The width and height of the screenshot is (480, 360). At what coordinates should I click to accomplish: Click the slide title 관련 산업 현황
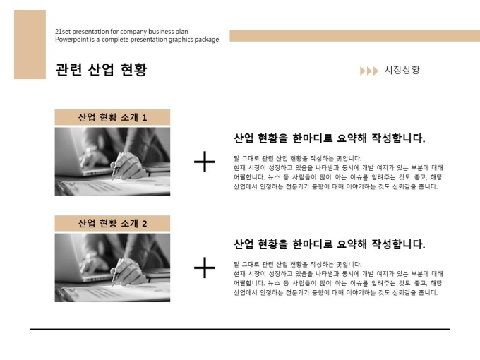click(x=101, y=69)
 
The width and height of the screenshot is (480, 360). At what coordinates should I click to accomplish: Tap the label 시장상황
click(x=402, y=70)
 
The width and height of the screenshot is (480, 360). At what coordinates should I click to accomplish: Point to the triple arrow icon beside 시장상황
click(x=369, y=71)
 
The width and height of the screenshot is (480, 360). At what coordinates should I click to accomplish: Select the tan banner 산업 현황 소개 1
click(x=112, y=117)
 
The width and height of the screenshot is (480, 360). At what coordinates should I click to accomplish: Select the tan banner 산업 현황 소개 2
click(x=112, y=223)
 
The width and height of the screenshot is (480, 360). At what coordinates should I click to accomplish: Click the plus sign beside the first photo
click(x=205, y=162)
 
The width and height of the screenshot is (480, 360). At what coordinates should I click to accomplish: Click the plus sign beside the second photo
click(x=205, y=268)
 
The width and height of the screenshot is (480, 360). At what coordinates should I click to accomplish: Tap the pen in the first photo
click(x=117, y=166)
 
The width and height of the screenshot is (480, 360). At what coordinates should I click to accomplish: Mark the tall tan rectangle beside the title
click(x=30, y=44)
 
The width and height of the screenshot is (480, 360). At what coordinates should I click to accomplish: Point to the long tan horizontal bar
click(x=355, y=36)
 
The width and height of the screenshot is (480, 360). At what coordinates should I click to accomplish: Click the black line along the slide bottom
click(x=240, y=329)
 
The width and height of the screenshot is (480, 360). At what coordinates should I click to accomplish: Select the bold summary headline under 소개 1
click(x=330, y=138)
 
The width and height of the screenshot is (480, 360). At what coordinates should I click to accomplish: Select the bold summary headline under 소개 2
click(x=330, y=244)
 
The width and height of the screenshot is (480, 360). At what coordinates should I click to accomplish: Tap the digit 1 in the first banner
click(x=145, y=118)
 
